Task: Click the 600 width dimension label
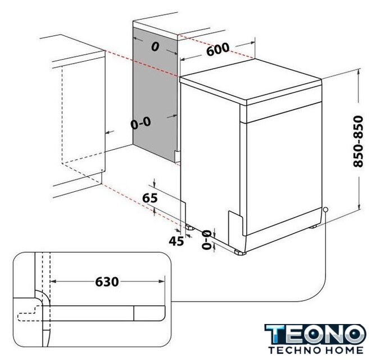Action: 218,49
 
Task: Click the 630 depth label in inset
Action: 107,281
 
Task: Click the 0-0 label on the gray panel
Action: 141,123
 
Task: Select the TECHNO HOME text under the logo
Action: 316,350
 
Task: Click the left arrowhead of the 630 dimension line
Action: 53,281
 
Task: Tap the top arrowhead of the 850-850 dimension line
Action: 358,71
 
